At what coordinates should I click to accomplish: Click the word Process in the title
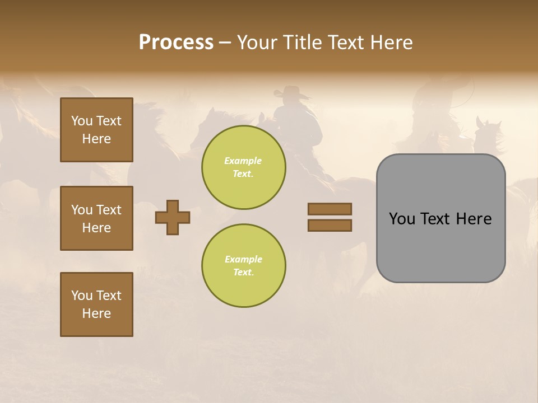coord(176,43)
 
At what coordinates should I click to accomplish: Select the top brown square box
coord(96,130)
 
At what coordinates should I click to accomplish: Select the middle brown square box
coord(96,218)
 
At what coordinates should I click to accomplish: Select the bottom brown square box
coord(96,304)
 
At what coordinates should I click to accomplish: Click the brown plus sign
coord(173,217)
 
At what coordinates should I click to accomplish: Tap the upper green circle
coord(243,167)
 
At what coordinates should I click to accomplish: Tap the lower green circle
coord(243,266)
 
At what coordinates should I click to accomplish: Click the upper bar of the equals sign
coord(330,209)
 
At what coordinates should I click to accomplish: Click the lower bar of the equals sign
coord(330,226)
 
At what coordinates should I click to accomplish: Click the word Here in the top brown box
coord(96,139)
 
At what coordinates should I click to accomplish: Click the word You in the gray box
coord(402,219)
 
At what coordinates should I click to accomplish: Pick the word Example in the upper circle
coord(243,161)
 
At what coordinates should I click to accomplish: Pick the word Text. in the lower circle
coord(243,273)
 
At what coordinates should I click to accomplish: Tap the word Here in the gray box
coord(474,219)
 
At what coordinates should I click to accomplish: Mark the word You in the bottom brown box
coord(82,296)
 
